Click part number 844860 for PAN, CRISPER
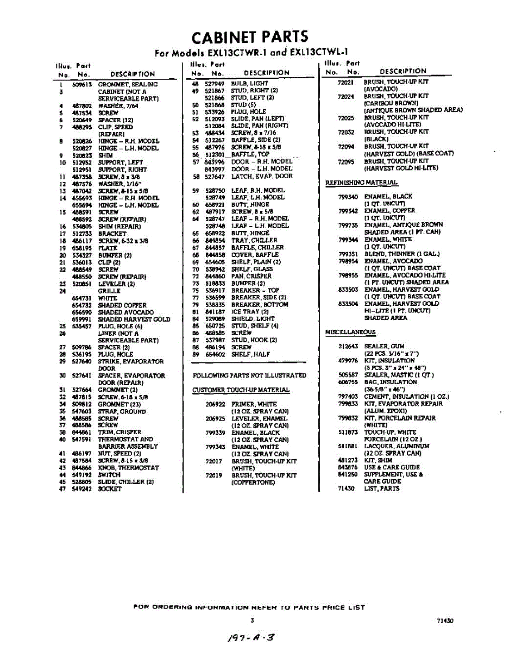[x=215, y=276]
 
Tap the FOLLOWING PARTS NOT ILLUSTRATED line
[x=249, y=375]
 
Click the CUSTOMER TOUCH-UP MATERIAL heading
[x=241, y=390]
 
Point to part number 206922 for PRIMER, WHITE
[x=215, y=404]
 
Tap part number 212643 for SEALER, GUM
[x=348, y=346]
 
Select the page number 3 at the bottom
[x=252, y=620]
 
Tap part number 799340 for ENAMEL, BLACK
[x=348, y=197]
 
